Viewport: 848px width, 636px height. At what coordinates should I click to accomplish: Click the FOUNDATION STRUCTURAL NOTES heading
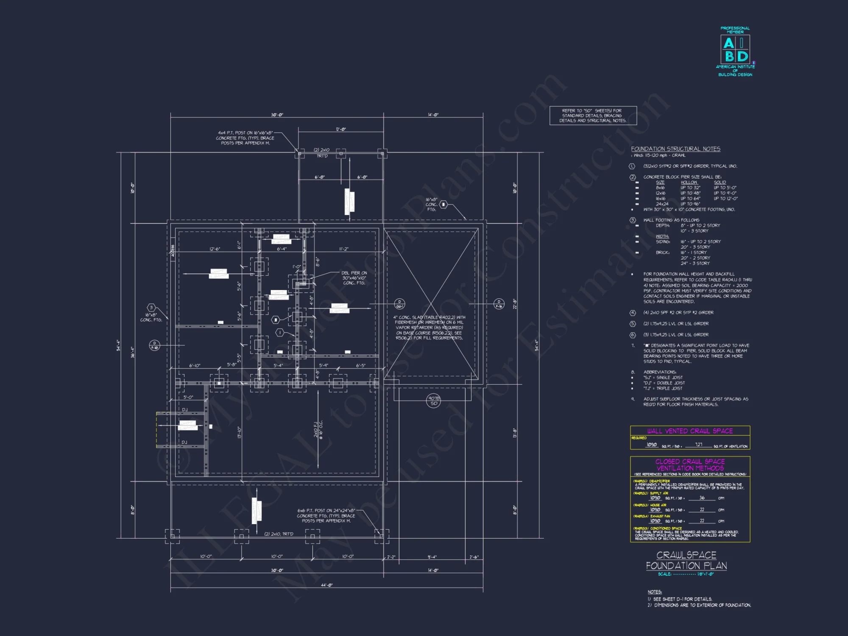675,149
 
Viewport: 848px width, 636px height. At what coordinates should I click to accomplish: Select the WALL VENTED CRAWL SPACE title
690,431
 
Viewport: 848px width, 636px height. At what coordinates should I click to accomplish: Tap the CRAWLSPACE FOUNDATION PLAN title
686,560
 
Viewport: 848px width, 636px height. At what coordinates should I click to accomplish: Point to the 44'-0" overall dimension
326,585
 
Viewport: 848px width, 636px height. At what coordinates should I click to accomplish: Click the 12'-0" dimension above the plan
340,129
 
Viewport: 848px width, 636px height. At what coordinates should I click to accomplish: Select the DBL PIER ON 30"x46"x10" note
354,278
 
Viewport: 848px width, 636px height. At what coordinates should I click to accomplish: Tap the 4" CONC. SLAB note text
429,327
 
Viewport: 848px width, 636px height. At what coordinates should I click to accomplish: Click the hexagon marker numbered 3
151,307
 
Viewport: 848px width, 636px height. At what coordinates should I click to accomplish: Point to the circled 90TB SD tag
433,401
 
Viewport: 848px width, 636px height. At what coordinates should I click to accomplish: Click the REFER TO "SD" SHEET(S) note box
593,115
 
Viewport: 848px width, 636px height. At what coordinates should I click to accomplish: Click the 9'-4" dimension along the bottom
432,557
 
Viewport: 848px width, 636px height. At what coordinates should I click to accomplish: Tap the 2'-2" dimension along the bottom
391,557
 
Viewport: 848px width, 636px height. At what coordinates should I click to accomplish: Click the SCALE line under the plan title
686,574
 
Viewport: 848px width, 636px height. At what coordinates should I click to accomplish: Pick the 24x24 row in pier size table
662,204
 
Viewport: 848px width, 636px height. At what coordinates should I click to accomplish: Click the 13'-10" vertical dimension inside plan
239,432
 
